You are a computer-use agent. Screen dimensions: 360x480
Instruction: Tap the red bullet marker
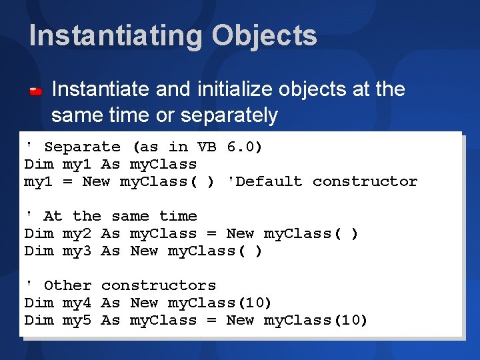36,90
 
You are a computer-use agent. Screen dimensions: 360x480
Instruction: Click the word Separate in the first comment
82,147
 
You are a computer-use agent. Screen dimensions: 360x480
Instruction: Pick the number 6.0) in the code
245,147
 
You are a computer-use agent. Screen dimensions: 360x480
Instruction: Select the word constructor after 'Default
365,181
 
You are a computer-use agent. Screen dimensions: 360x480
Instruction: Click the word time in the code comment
178,216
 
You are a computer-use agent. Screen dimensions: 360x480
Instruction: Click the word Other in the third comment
67,285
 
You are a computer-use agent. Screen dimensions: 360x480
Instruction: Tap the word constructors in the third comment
159,285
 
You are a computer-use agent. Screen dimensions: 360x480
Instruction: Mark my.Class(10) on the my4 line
220,303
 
